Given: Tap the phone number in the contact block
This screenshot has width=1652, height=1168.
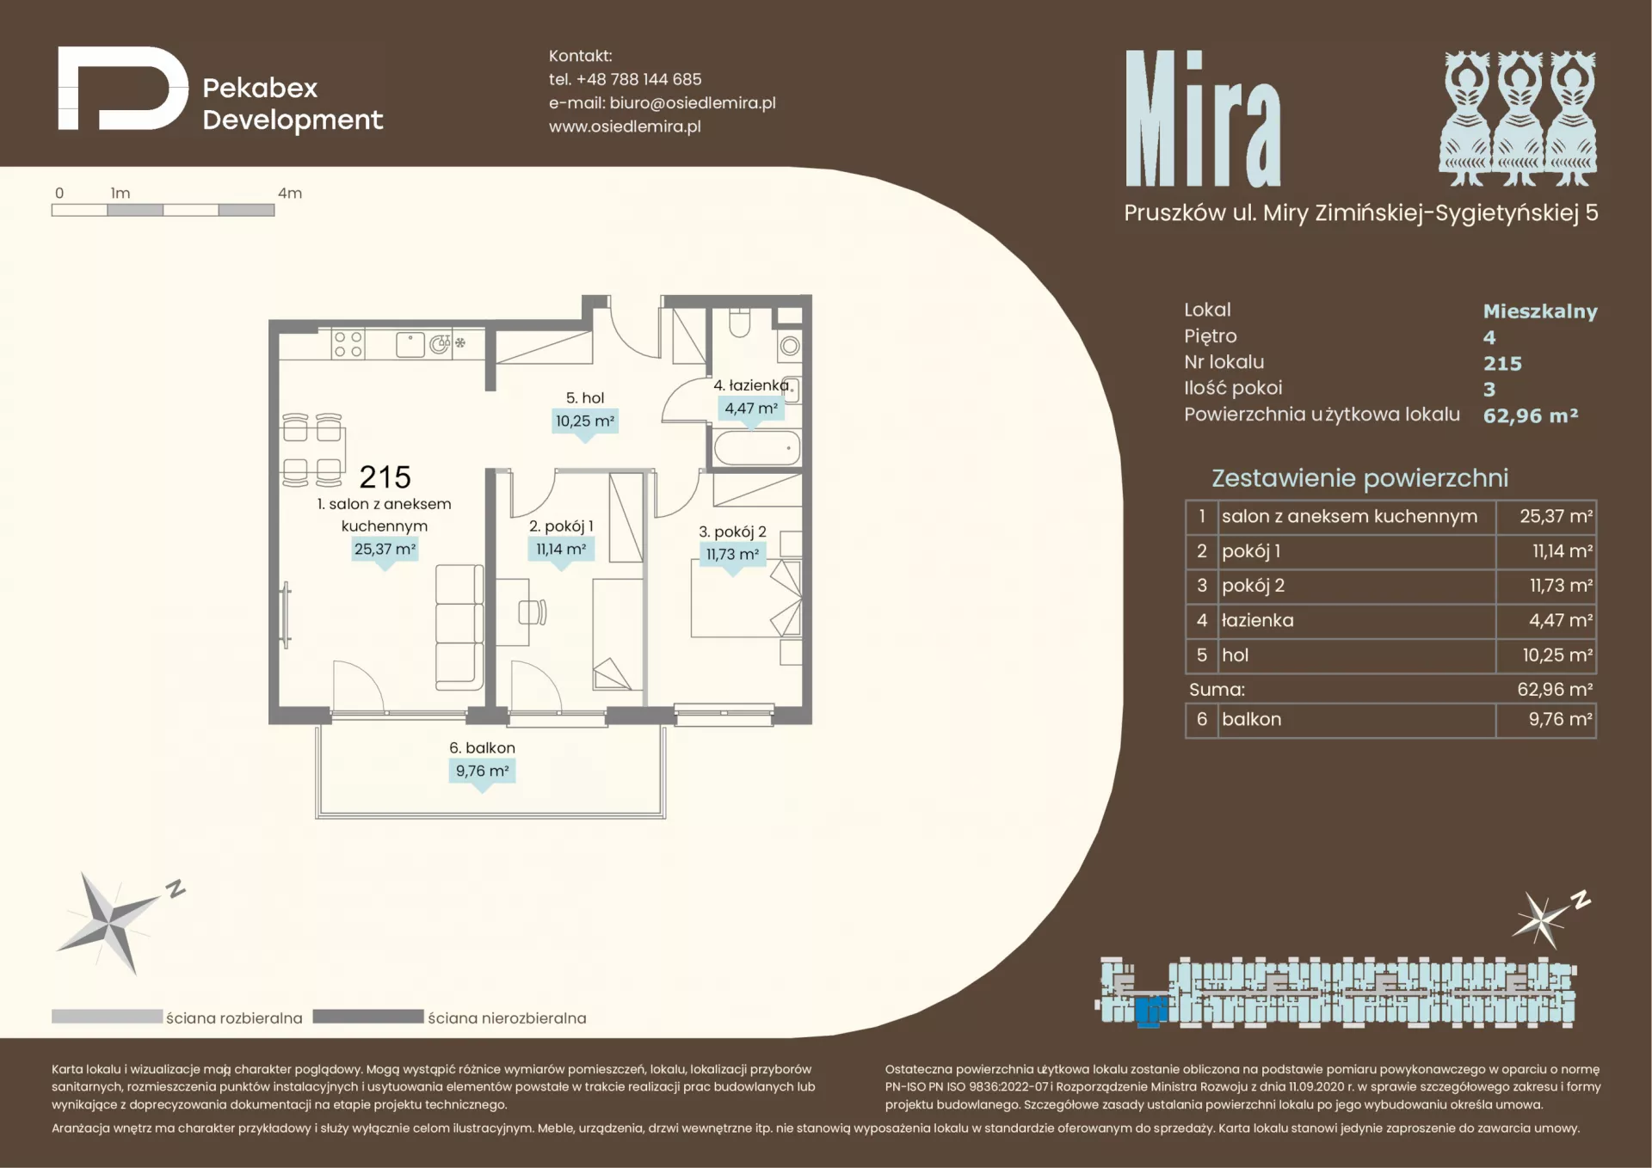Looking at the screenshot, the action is click(638, 79).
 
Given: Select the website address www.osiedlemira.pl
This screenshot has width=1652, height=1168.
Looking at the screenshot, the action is click(625, 126).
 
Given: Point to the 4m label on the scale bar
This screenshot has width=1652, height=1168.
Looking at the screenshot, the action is click(290, 194).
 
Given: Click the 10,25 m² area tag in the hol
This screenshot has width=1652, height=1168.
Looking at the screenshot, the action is click(585, 421).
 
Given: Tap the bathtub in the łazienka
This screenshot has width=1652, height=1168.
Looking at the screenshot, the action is click(757, 448).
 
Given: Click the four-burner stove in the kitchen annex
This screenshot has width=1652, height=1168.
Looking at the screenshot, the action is click(348, 344).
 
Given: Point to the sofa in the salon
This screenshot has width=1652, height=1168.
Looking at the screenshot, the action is click(459, 627).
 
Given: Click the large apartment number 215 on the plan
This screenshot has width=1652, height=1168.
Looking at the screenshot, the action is click(385, 476).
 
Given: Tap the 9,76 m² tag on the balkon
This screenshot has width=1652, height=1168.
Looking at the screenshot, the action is click(483, 771).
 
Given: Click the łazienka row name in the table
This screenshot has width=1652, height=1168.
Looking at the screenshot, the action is click(1257, 620).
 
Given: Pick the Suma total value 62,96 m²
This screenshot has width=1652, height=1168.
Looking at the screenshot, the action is click(1555, 690).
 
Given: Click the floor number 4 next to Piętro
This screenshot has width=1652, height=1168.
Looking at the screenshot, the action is click(1489, 337).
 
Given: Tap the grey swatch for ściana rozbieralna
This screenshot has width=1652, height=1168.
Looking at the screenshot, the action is click(107, 1017).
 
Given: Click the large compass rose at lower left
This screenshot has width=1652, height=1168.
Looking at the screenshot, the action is click(109, 924).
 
